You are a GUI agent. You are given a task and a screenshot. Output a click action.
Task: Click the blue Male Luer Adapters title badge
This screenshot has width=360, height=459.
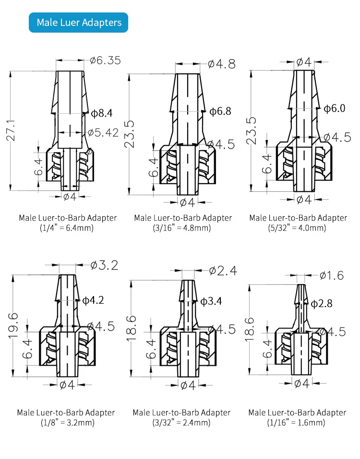[78, 23]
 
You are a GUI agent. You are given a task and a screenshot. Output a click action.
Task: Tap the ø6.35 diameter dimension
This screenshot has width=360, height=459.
[105, 60]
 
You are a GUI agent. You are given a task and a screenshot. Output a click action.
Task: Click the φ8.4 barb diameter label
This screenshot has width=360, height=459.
[102, 113]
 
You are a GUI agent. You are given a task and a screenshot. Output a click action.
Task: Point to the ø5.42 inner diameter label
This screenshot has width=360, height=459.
[103, 132]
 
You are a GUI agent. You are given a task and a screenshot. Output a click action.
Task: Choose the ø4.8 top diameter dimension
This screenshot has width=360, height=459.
[222, 64]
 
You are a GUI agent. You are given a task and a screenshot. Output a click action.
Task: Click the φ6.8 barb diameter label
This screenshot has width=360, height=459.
[220, 111]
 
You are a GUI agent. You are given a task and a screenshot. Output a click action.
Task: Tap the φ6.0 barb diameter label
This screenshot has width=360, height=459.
[335, 108]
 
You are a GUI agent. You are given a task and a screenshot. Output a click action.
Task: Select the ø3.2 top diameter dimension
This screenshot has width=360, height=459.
[104, 265]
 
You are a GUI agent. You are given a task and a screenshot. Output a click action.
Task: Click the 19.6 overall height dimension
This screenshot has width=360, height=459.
[13, 325]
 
